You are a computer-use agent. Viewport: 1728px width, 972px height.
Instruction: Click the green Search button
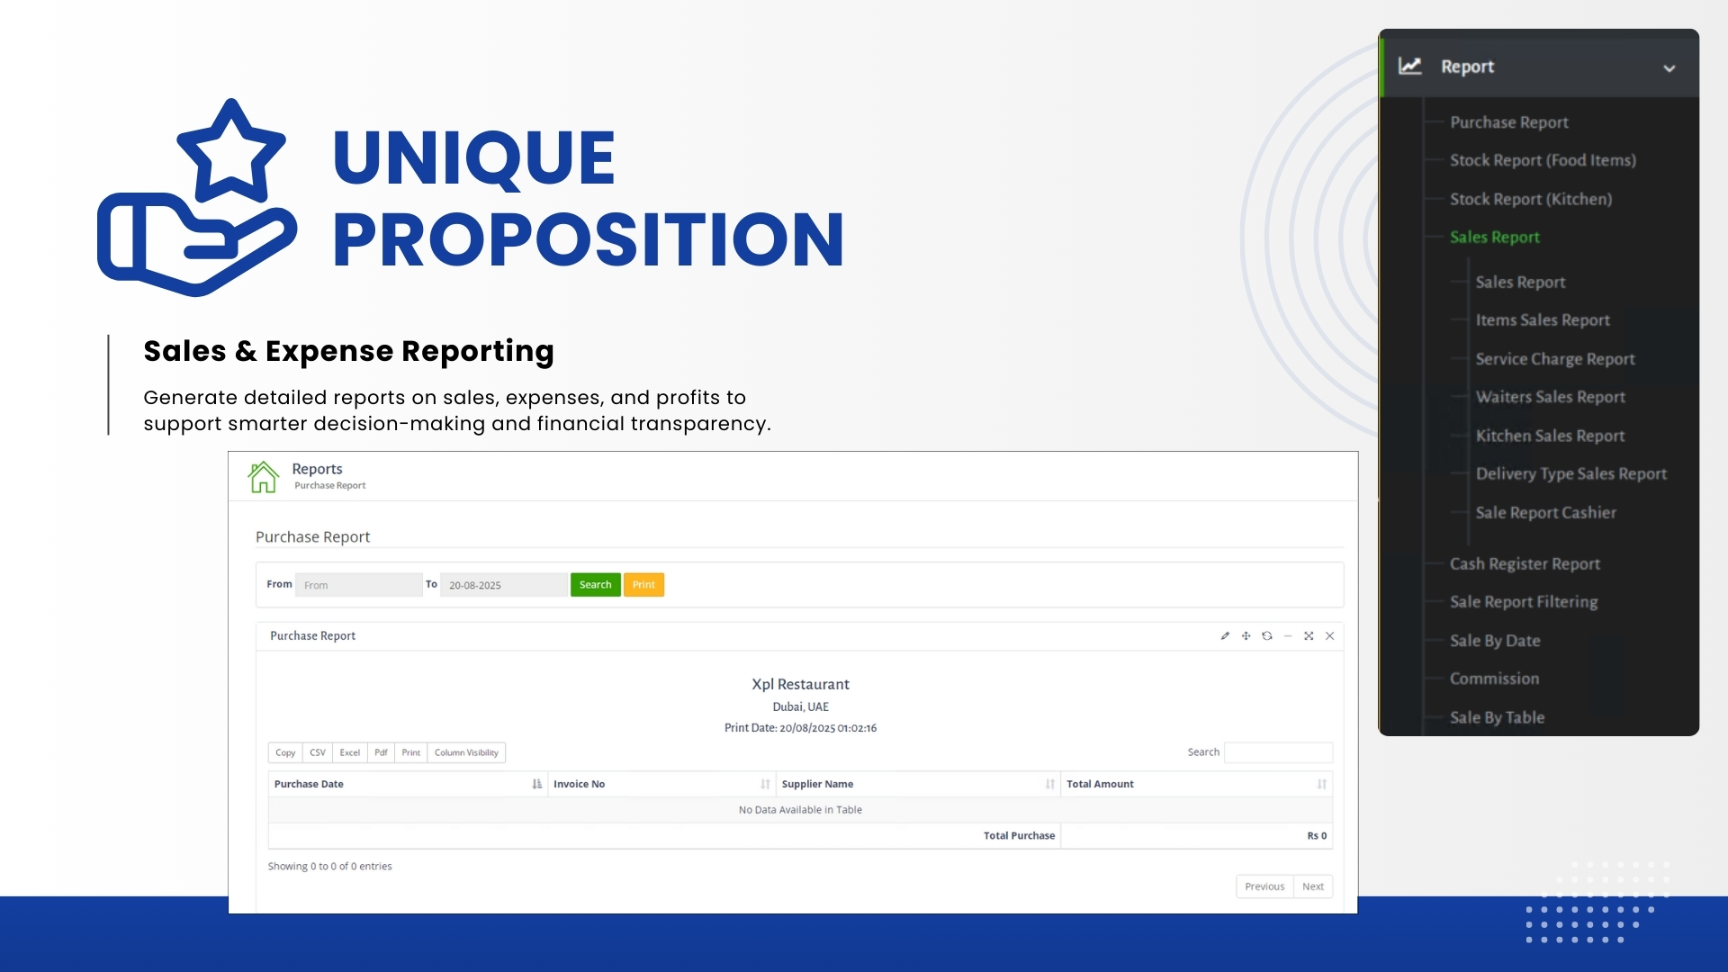point(595,585)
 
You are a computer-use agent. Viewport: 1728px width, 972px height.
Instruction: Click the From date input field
point(359,585)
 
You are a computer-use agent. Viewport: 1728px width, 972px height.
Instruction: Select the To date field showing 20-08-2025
point(504,585)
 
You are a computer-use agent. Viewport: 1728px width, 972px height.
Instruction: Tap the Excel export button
point(350,752)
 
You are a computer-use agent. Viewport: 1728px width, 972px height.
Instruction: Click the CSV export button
point(318,752)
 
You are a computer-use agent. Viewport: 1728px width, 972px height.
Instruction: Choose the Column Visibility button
point(466,752)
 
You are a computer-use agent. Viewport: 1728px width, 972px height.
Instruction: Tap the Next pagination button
point(1313,886)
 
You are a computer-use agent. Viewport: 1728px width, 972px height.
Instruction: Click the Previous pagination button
point(1264,886)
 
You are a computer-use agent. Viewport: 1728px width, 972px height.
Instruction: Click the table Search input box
point(1278,752)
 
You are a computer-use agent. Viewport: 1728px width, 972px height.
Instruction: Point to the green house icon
point(264,477)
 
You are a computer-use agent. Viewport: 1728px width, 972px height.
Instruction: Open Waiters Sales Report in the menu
point(1551,397)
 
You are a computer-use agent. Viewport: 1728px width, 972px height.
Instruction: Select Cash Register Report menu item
point(1525,564)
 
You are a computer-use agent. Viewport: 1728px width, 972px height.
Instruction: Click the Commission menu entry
point(1494,679)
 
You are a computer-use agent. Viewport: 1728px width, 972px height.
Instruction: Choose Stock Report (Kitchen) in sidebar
point(1531,199)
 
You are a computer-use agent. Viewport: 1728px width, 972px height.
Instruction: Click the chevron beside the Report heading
point(1669,68)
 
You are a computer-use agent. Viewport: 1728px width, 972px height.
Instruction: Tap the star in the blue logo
point(231,151)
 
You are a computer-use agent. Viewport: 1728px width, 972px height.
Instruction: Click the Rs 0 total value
point(1317,836)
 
